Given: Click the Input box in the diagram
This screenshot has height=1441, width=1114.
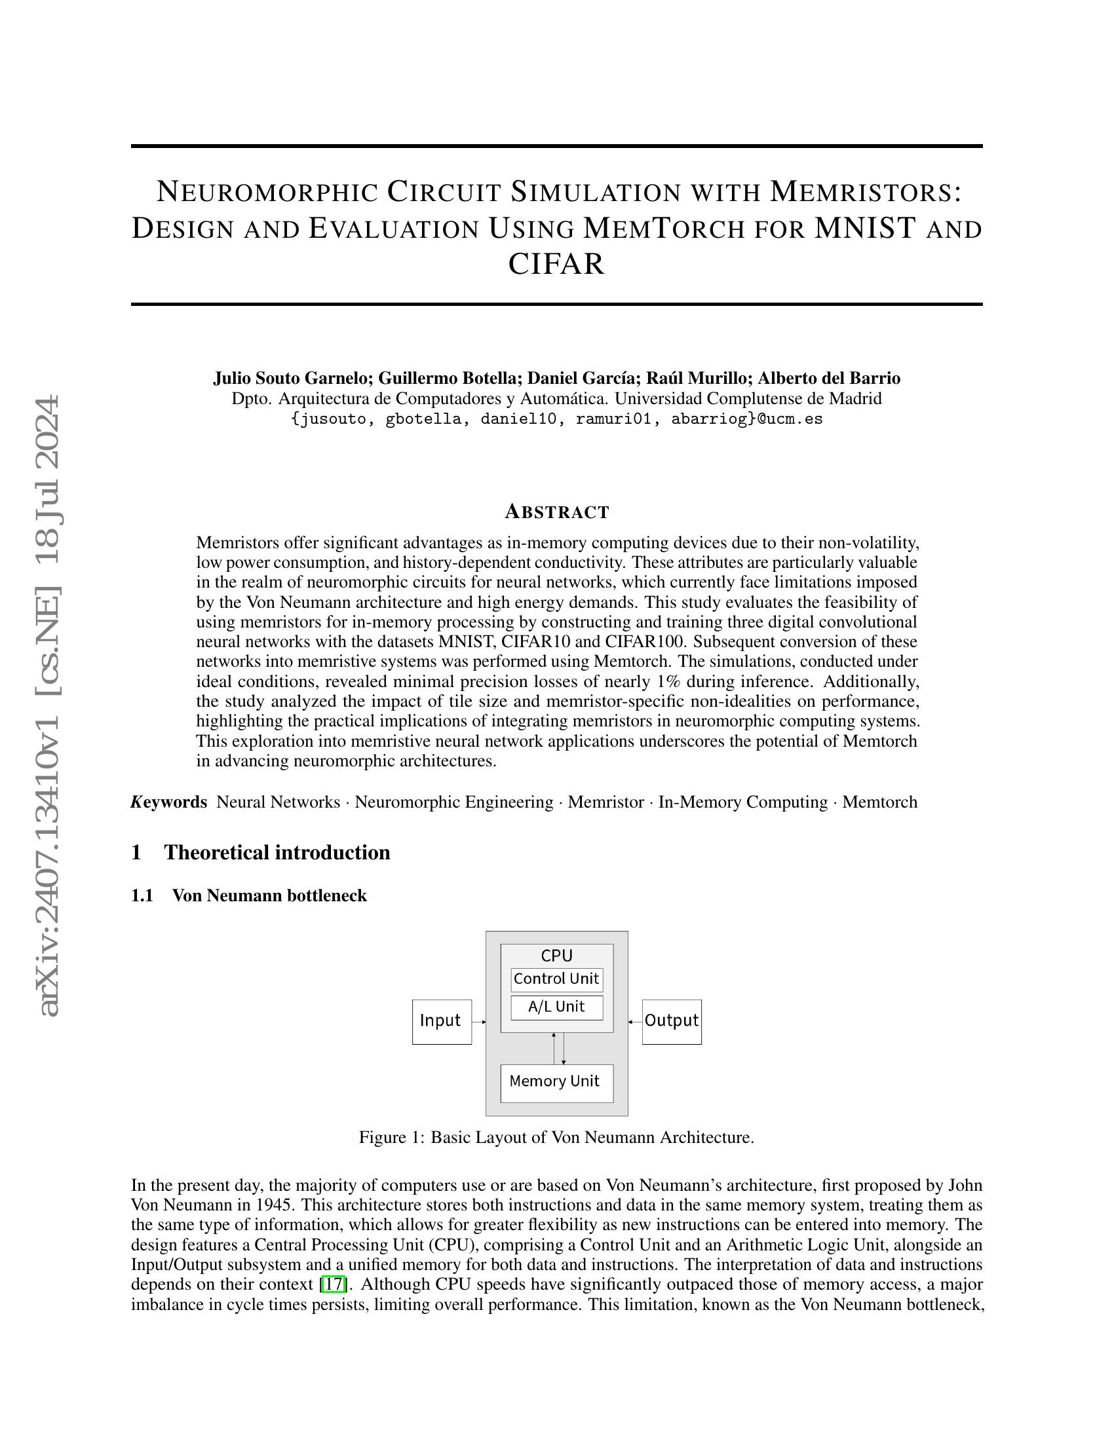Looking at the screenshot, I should coord(442,1021).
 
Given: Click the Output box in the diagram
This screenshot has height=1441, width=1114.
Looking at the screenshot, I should coord(671,1021).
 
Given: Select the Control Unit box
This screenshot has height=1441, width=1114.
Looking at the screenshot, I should coord(556,979).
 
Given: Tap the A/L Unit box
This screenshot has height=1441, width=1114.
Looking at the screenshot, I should coord(556,1007).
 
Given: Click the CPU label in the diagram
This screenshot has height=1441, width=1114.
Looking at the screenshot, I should coord(556,956).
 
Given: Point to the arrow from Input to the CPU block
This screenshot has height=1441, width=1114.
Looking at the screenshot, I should coord(479,1022).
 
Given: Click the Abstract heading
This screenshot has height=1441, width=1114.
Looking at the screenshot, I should coord(556,512).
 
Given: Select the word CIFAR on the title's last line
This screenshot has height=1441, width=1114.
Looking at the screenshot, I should coord(556,264).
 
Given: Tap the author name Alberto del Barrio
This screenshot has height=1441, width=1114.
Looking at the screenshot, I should coord(828,378).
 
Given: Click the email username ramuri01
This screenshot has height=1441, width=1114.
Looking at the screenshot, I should coord(613,419).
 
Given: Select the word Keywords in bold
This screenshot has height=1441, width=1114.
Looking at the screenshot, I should coord(169,802).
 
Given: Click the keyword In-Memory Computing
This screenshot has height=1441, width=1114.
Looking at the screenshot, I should coord(742,802).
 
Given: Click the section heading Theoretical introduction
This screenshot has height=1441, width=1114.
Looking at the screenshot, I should coord(277,852).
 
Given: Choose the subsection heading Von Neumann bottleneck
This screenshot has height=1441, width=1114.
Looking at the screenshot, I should coord(269,896).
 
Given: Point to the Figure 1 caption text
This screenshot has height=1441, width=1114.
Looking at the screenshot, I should coord(556,1138).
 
